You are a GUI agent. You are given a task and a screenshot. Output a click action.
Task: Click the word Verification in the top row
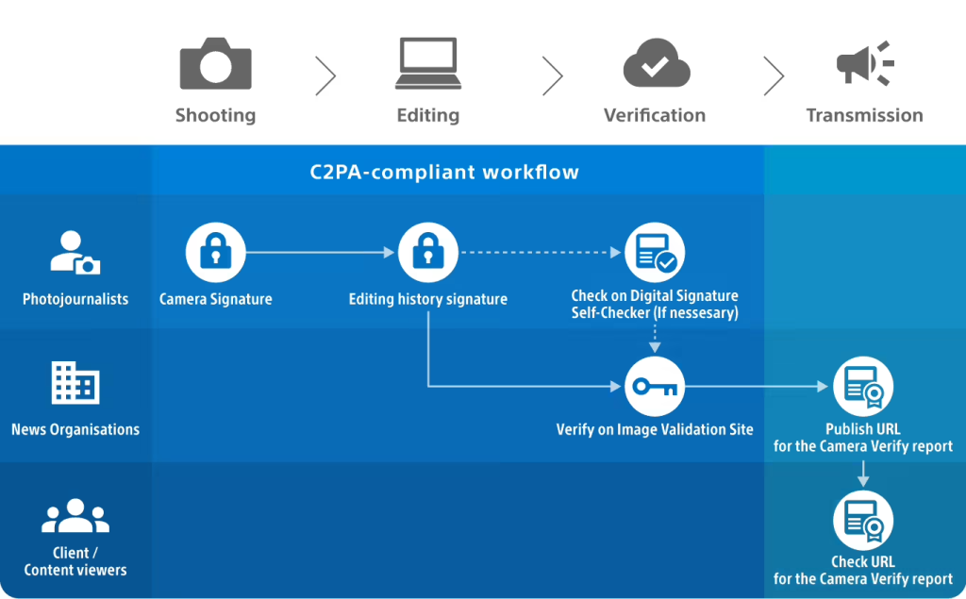pyautogui.click(x=655, y=115)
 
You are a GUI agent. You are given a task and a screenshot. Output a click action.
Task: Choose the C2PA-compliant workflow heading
pyautogui.click(x=444, y=173)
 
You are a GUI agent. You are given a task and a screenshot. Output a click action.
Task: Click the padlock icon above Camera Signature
pyautogui.click(x=215, y=253)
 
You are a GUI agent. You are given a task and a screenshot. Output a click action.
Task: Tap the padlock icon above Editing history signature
pyautogui.click(x=427, y=253)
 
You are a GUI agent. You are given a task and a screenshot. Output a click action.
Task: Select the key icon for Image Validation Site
pyautogui.click(x=655, y=387)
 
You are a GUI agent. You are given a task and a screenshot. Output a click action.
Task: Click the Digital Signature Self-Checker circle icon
pyautogui.click(x=655, y=253)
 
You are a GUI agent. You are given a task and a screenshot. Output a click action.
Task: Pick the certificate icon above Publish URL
pyautogui.click(x=862, y=387)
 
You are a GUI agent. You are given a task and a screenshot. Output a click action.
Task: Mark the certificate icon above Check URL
pyautogui.click(x=862, y=522)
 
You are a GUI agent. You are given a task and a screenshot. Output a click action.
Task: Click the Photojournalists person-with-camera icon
pyautogui.click(x=75, y=253)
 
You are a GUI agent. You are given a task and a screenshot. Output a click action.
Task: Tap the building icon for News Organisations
pyautogui.click(x=75, y=383)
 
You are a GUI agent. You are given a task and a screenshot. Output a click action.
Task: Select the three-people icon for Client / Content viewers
pyautogui.click(x=75, y=516)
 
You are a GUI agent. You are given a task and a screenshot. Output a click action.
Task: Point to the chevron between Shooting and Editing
pyautogui.click(x=325, y=75)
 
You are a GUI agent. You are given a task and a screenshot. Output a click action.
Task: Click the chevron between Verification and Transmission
pyautogui.click(x=774, y=75)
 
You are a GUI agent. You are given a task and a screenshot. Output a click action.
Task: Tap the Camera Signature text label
pyautogui.click(x=215, y=299)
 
